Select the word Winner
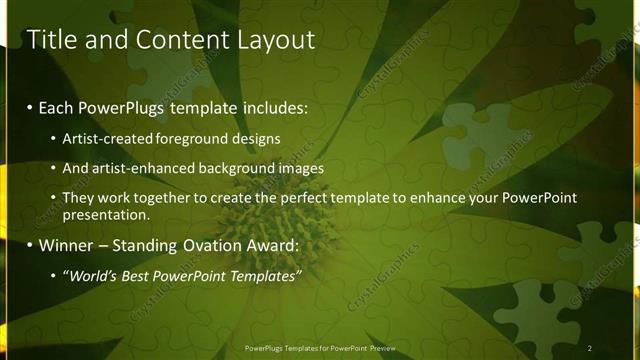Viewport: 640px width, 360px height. click(x=65, y=245)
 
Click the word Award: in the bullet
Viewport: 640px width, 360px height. click(x=275, y=245)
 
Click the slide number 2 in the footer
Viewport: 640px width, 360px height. click(x=589, y=348)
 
